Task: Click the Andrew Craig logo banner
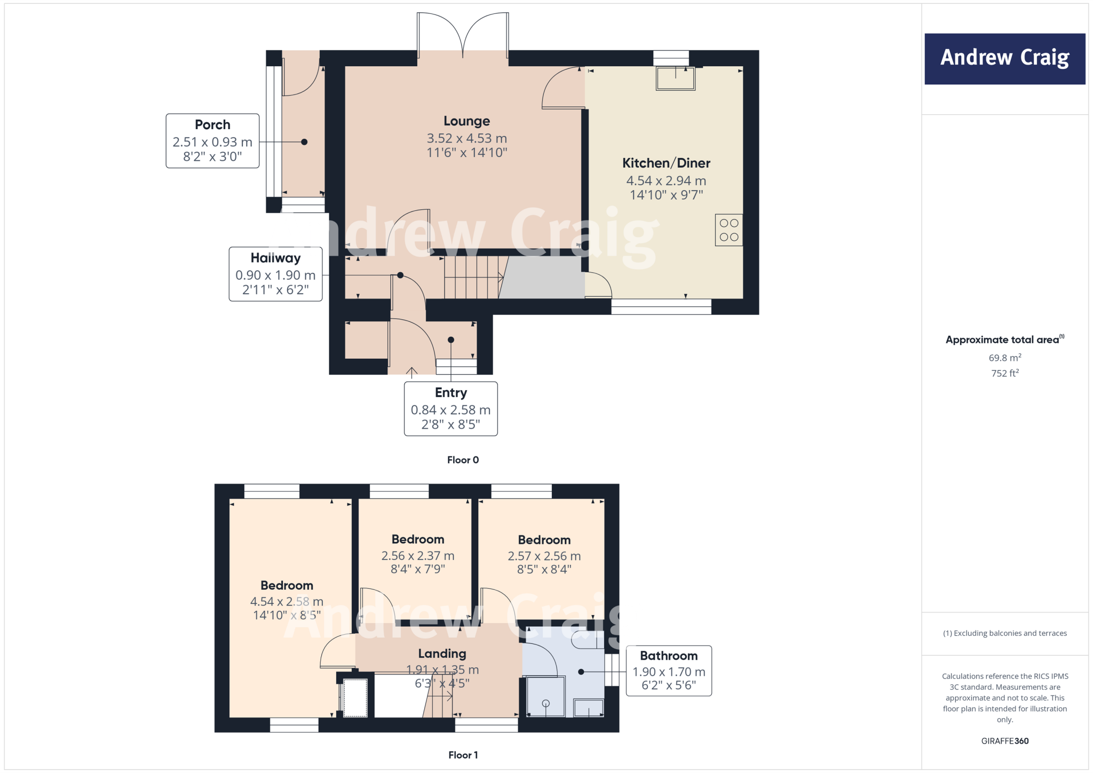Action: click(x=1004, y=59)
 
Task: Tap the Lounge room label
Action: click(x=466, y=121)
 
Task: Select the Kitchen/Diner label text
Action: click(x=666, y=163)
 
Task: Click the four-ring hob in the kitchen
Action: click(x=728, y=230)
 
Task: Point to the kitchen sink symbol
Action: click(x=676, y=78)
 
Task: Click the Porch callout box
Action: click(x=212, y=141)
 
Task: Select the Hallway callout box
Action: click(x=275, y=274)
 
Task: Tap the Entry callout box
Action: click(x=450, y=409)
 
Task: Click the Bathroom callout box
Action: click(x=669, y=671)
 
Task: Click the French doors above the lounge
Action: click(x=463, y=35)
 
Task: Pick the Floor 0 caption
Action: click(x=463, y=460)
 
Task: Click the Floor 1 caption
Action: click(x=463, y=755)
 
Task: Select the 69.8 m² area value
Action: click(x=1004, y=358)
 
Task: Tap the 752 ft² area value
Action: click(x=1004, y=373)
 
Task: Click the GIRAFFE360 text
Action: click(x=1004, y=741)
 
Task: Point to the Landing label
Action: click(x=442, y=654)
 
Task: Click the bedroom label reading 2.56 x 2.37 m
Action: click(x=417, y=555)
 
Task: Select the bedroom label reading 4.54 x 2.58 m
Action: click(x=287, y=601)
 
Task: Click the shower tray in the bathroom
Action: click(x=545, y=696)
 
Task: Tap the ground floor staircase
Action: click(x=472, y=277)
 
